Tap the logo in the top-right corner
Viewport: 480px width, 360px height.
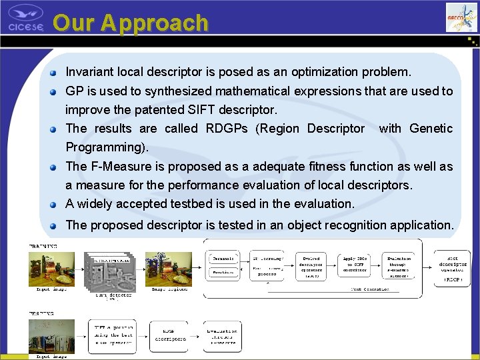click(x=461, y=17)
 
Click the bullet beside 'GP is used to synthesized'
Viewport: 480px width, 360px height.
click(x=57, y=91)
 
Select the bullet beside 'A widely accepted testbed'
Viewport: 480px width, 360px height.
click(x=57, y=203)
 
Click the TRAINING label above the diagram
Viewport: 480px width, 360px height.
click(x=42, y=246)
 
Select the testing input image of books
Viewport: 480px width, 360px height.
click(x=51, y=336)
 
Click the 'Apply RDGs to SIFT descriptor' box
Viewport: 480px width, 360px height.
click(x=355, y=266)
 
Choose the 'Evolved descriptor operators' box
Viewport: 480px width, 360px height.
click(x=311, y=266)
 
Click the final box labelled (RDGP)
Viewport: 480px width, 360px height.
click(x=453, y=269)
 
